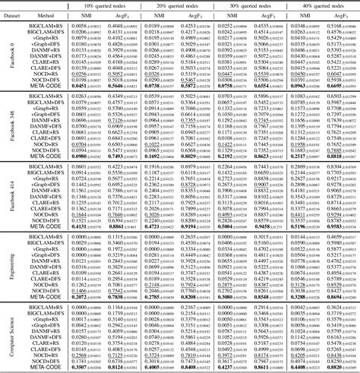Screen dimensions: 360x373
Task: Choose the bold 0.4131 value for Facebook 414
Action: coord(83,226)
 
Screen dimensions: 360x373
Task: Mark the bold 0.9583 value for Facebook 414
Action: coord(339,226)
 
